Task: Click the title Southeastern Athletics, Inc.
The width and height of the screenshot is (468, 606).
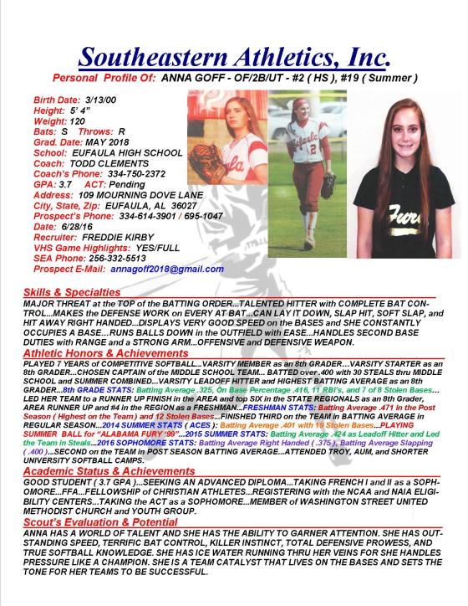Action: (234, 57)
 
